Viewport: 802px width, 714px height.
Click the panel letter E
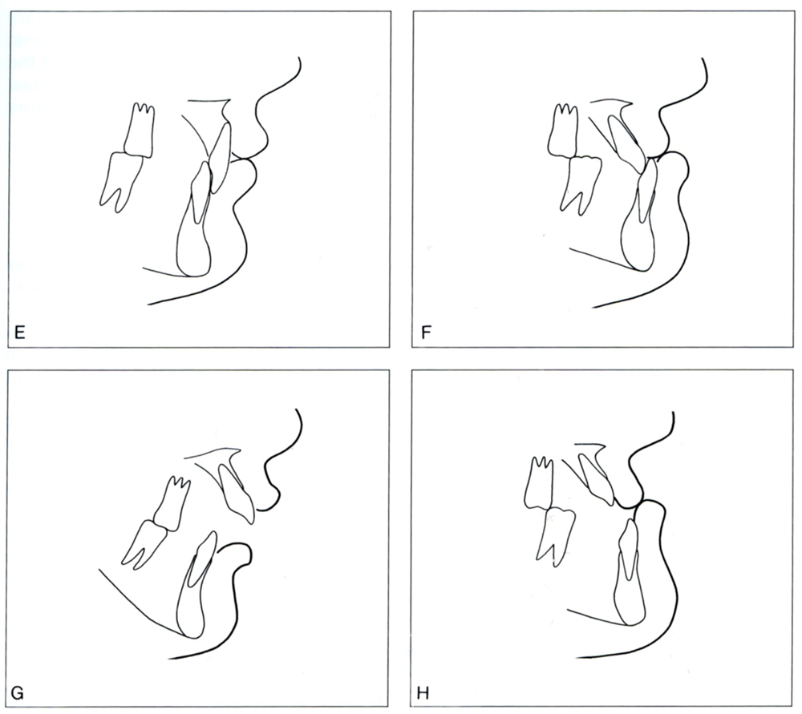(x=20, y=333)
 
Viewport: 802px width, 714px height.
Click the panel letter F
(x=426, y=333)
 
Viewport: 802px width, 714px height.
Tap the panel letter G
(x=18, y=693)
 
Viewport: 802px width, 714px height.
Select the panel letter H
(x=423, y=693)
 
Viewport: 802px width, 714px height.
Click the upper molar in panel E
(x=140, y=131)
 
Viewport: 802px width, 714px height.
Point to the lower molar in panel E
(x=121, y=181)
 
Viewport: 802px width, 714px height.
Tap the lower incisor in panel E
(x=194, y=220)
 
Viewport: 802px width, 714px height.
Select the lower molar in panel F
(x=581, y=184)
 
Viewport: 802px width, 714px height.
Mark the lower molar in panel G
(x=144, y=545)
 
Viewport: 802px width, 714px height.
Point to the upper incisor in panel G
(x=236, y=492)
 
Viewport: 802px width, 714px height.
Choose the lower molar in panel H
(x=555, y=535)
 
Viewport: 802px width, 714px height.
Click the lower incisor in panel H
(x=629, y=572)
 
